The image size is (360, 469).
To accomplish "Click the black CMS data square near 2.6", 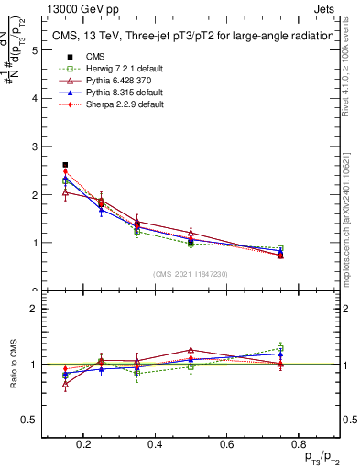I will (x=65, y=165).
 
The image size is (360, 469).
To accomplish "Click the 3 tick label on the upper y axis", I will (x=35, y=147).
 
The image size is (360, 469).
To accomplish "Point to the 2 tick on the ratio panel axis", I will (x=35, y=309).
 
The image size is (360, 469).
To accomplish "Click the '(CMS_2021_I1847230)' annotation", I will (x=191, y=274).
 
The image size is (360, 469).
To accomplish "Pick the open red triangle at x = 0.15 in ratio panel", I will (x=65, y=384).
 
